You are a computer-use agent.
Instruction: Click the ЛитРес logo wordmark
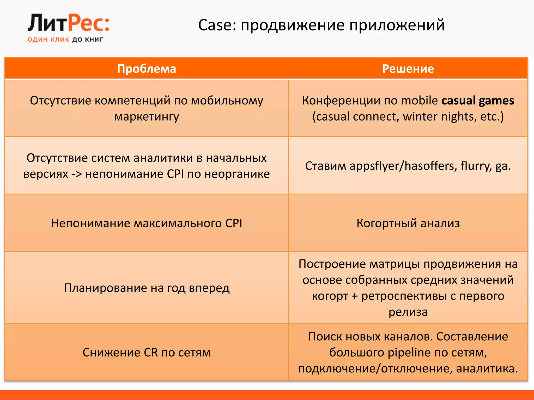pos(68,23)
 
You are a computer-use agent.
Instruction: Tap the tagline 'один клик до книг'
pos(65,39)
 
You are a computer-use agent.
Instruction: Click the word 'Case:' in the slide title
pos(217,25)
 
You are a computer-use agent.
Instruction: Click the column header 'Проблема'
pos(147,69)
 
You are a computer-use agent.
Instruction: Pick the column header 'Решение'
pos(408,69)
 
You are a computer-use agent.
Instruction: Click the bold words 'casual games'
pos(477,101)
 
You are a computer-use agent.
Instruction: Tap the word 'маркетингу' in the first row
pos(147,116)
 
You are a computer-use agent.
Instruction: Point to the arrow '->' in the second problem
pos(76,174)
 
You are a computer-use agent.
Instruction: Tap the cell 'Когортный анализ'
pos(408,223)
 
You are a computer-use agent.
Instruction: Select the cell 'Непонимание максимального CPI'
pos(147,223)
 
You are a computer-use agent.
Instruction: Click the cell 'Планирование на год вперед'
pos(147,288)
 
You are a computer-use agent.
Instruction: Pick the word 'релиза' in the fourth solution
pos(408,312)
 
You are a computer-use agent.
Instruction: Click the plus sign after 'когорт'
pos(355,296)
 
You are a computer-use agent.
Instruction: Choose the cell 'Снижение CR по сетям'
pos(147,352)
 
